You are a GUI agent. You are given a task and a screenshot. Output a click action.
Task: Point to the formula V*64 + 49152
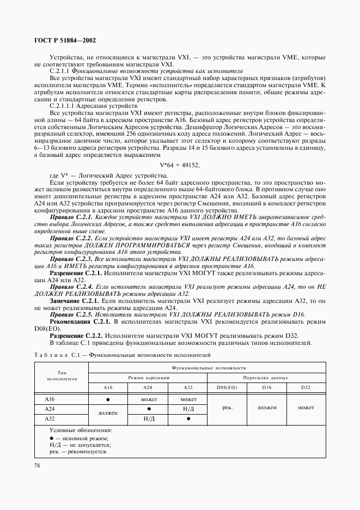tap(180, 165)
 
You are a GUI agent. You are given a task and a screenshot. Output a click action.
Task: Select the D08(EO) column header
tap(223, 387)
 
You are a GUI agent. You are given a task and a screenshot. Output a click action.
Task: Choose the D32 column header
tap(306, 387)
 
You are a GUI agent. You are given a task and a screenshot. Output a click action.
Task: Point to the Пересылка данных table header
tap(265, 378)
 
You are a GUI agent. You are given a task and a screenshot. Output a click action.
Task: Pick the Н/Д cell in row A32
tap(148, 419)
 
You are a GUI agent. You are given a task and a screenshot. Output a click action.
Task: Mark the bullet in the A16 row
tap(108, 399)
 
